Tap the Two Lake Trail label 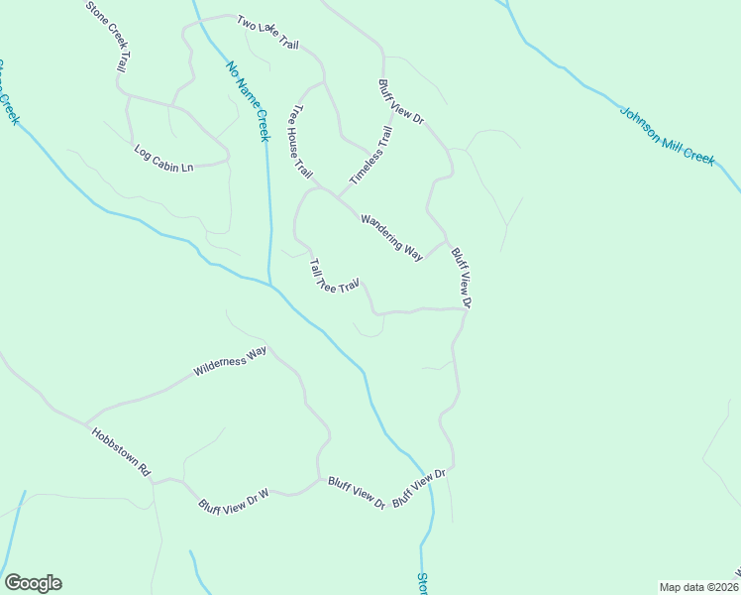267,33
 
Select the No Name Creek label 248,101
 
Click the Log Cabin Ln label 163,159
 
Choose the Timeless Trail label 371,155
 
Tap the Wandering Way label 392,236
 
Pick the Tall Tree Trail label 333,277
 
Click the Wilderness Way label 231,360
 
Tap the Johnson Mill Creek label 667,136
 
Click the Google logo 33,583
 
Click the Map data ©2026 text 698,587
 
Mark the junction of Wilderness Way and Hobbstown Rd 86,421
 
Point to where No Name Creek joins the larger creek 270,286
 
